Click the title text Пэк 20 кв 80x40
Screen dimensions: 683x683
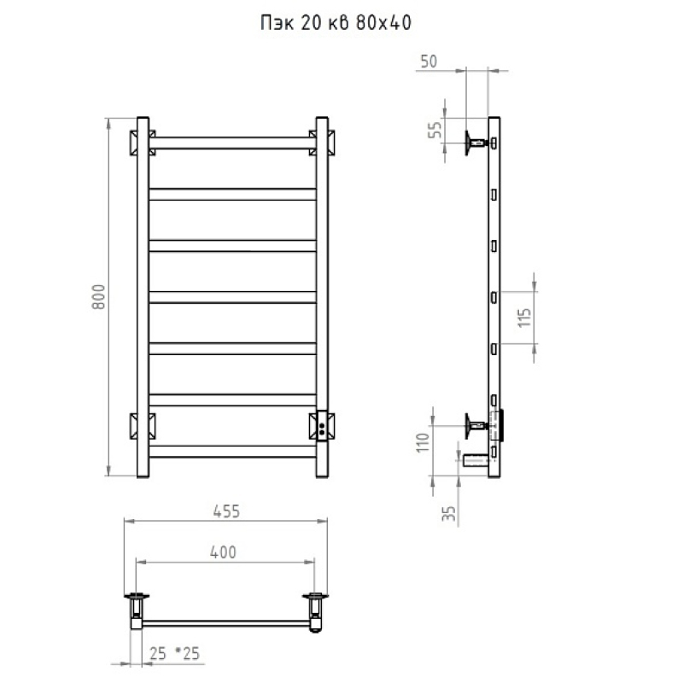click(x=336, y=23)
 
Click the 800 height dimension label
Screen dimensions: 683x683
click(x=99, y=296)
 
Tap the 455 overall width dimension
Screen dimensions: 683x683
click(x=226, y=511)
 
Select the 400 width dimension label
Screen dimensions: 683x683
click(x=223, y=552)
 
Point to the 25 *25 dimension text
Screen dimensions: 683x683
click(x=174, y=653)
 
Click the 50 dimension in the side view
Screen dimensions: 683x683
click(x=429, y=61)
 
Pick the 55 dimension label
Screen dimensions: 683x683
click(x=435, y=130)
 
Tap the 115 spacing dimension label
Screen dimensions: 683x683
click(x=525, y=318)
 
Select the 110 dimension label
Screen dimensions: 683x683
click(x=423, y=442)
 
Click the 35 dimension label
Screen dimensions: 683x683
click(x=449, y=513)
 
